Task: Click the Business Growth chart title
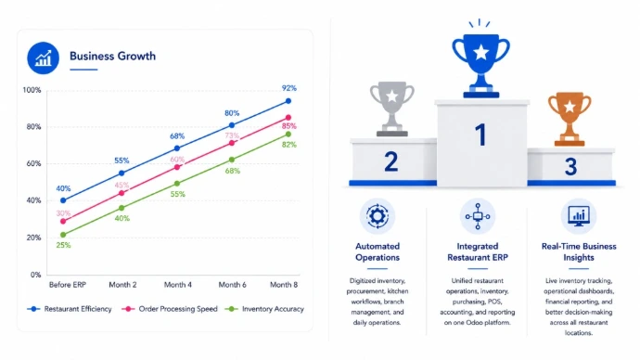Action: coord(112,56)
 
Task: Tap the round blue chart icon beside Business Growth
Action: coord(44,58)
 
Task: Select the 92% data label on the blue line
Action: coord(289,88)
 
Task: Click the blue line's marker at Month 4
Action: coord(177,148)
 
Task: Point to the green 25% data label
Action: coord(63,245)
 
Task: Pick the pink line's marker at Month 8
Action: coord(288,118)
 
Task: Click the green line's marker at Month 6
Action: coord(232,160)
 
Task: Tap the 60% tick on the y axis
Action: coord(34,163)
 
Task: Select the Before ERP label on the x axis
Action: coord(68,285)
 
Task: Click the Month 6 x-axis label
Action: coord(232,285)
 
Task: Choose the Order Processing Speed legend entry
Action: coord(170,309)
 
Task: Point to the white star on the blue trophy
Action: coord(480,53)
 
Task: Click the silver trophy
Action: coord(391,109)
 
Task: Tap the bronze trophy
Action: coord(570,119)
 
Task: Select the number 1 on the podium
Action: coord(480,135)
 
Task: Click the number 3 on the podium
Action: coord(570,166)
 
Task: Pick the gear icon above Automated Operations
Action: coord(378,216)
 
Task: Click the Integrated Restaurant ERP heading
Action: coord(478,251)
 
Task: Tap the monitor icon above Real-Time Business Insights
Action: coord(579,216)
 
